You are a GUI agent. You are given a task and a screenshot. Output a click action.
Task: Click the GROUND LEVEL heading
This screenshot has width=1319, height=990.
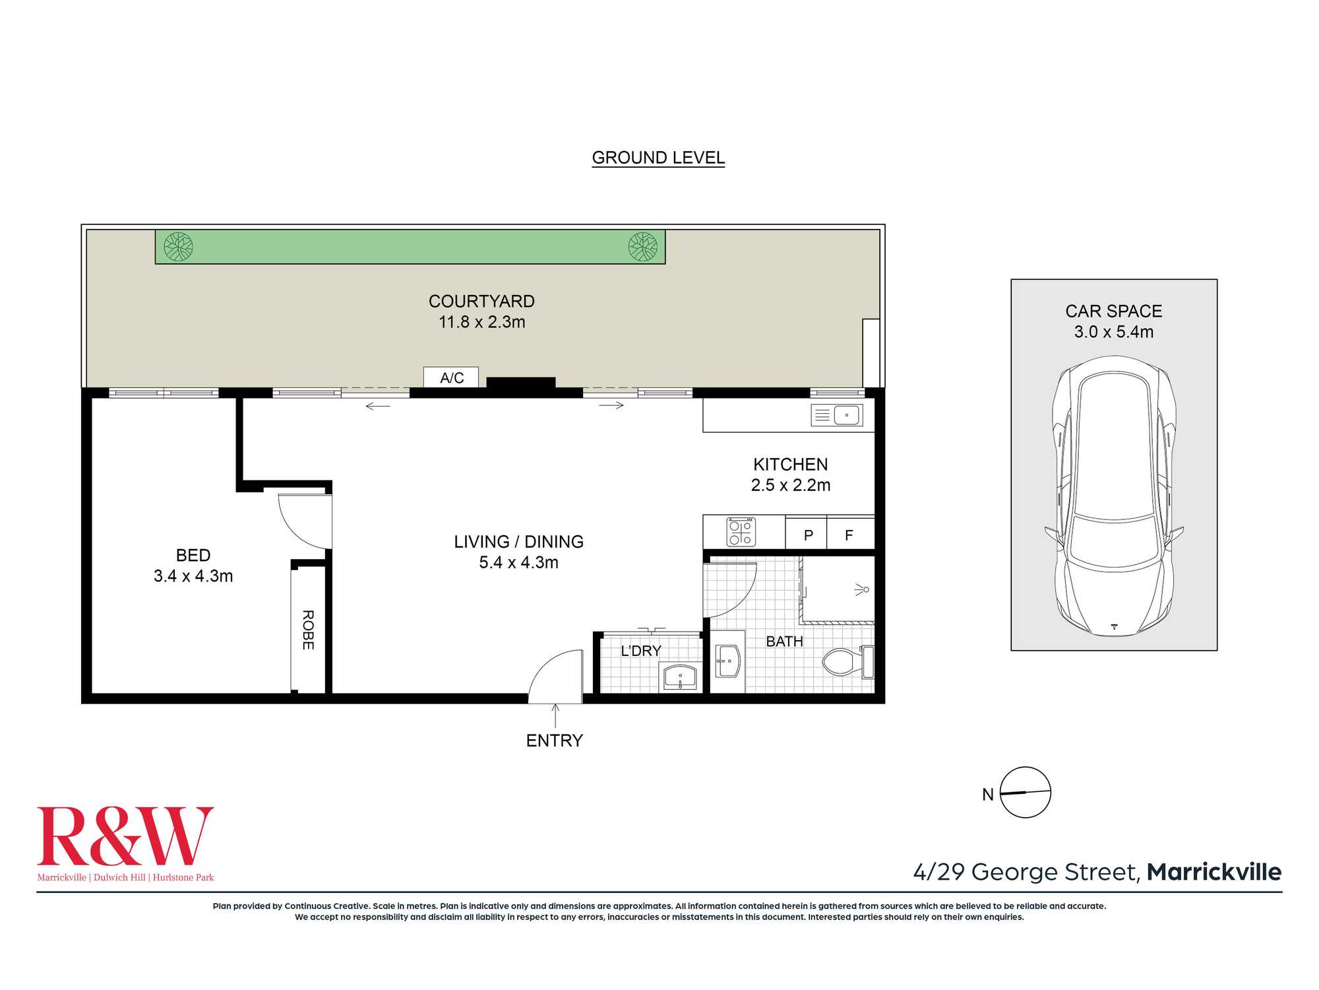pyautogui.click(x=658, y=158)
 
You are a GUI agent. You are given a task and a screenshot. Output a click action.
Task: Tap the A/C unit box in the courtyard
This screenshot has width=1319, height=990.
pyautogui.click(x=451, y=378)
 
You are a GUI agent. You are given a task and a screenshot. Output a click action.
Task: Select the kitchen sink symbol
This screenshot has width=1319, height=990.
pyautogui.click(x=837, y=415)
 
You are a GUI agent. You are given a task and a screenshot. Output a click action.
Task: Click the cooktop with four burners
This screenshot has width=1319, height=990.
pyautogui.click(x=741, y=532)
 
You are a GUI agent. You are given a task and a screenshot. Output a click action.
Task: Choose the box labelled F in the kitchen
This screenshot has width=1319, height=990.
pyautogui.click(x=850, y=534)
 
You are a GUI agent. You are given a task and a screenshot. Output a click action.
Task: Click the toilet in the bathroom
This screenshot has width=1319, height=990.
pyautogui.click(x=848, y=662)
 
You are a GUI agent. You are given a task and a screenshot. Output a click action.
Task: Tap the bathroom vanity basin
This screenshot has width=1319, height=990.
pyautogui.click(x=728, y=661)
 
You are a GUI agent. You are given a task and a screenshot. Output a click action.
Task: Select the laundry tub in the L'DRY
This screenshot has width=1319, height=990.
pyautogui.click(x=680, y=678)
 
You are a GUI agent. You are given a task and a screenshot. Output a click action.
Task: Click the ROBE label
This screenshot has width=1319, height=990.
pyautogui.click(x=308, y=630)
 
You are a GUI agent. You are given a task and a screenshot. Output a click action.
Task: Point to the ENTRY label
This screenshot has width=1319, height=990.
pyautogui.click(x=554, y=741)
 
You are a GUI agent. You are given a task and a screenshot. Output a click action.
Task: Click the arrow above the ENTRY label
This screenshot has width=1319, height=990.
pyautogui.click(x=555, y=715)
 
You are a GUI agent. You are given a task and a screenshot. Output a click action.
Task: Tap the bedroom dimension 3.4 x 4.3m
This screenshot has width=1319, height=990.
pyautogui.click(x=193, y=576)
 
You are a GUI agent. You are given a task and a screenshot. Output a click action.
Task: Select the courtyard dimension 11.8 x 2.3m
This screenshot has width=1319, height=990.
pyautogui.click(x=482, y=322)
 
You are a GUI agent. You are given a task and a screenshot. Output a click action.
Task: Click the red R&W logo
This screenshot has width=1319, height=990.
pyautogui.click(x=125, y=836)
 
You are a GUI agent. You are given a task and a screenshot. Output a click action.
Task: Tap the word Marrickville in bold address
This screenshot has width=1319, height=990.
pyautogui.click(x=1214, y=872)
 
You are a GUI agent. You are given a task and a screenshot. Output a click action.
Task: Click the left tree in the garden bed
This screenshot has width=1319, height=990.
pyautogui.click(x=178, y=247)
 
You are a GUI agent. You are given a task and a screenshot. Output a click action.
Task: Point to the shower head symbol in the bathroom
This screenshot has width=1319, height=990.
pyautogui.click(x=862, y=589)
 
